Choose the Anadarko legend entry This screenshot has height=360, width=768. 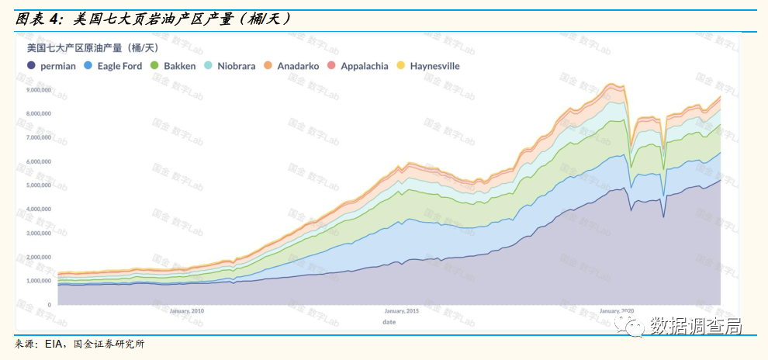[291, 66]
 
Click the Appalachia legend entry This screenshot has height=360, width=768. [357, 66]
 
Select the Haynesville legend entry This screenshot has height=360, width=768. [428, 66]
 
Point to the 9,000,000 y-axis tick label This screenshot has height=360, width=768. [39, 90]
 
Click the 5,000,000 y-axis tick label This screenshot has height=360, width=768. [39, 185]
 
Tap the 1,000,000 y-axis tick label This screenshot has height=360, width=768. [39, 281]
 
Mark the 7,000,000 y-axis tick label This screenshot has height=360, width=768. [39, 137]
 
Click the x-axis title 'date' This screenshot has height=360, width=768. [389, 320]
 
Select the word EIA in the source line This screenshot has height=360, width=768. [54, 344]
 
